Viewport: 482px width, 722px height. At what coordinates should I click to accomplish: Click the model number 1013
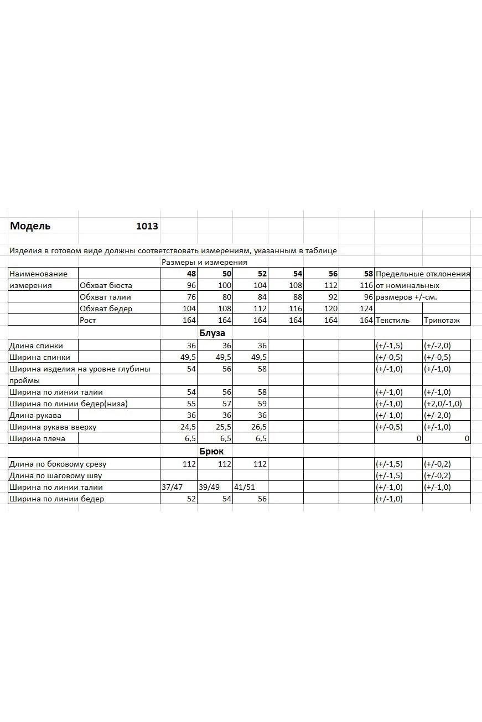(147, 226)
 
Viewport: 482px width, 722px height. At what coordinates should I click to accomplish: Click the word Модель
(30, 226)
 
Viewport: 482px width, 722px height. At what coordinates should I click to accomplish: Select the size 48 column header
(191, 274)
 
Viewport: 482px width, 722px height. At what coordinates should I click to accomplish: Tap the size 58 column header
(369, 274)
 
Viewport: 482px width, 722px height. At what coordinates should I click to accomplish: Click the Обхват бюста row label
(106, 285)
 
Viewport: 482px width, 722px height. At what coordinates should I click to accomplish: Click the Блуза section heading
(212, 333)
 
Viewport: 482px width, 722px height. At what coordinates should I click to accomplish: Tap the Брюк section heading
(211, 452)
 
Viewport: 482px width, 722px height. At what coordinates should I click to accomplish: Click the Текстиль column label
(392, 320)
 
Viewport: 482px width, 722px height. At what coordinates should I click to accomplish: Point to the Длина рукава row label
(35, 415)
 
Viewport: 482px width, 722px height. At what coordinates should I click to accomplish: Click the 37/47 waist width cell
(171, 487)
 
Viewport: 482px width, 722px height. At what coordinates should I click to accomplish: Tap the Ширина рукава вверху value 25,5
(224, 427)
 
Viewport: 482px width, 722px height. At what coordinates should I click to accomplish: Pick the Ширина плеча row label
(37, 438)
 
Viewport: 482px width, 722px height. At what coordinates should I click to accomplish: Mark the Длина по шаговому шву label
(55, 475)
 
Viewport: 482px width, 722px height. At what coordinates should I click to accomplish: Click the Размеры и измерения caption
(204, 262)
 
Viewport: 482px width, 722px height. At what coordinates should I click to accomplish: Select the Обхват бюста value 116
(366, 285)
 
